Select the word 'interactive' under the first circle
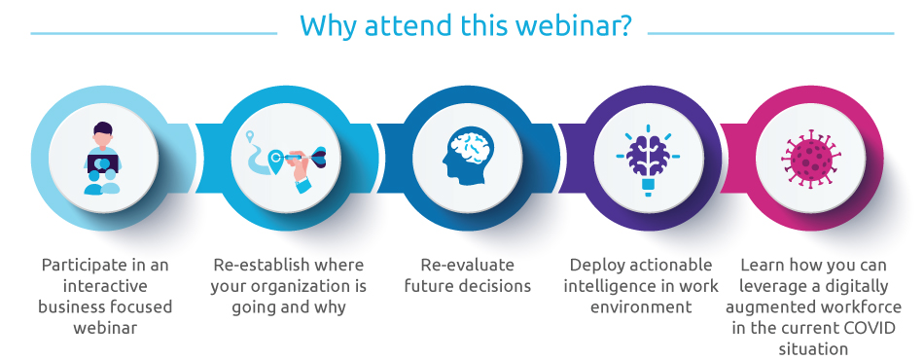point(105,286)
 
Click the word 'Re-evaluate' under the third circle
point(467,266)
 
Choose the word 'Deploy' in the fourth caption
point(594,266)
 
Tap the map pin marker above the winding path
point(250,136)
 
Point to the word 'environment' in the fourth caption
point(641,307)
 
